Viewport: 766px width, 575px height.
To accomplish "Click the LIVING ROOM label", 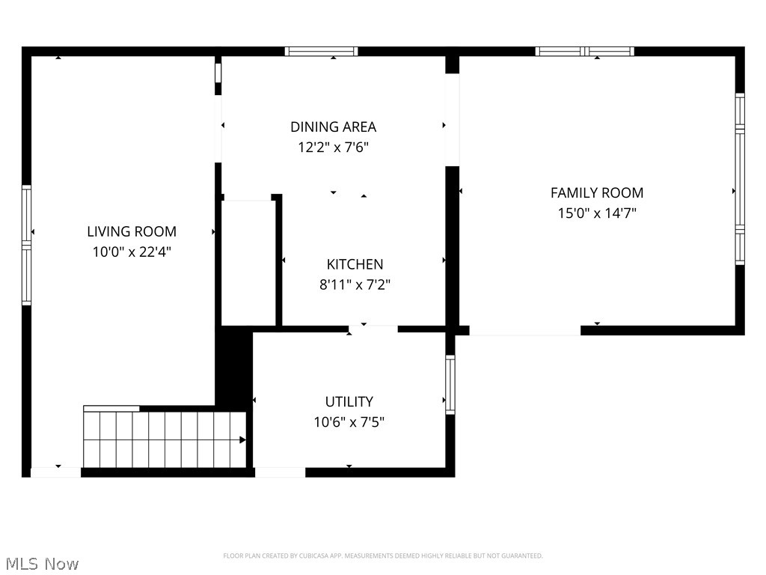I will tap(132, 231).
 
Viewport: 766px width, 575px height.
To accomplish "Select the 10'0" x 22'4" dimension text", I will tap(132, 252).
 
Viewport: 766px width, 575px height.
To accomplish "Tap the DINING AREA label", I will tap(333, 127).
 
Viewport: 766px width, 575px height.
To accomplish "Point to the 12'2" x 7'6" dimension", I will tap(333, 147).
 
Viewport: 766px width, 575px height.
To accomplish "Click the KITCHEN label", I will tap(355, 264).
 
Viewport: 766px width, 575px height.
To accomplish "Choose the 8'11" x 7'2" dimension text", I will tap(355, 285).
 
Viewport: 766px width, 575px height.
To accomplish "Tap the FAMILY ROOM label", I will tap(596, 192).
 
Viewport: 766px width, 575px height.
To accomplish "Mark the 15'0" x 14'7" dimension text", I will tap(596, 213).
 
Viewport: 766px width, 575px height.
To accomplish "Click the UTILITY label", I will tap(349, 401).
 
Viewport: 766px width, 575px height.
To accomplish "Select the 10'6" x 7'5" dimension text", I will tap(349, 422).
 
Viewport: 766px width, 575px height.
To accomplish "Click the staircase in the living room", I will tap(165, 439).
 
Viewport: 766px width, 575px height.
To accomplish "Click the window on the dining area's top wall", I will tap(321, 52).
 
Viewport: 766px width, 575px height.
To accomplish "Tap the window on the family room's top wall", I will tap(584, 52).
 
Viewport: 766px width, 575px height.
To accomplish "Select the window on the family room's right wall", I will tap(740, 179).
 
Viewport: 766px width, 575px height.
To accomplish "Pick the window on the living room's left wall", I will tap(26, 245).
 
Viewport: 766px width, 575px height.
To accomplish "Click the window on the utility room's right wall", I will tap(450, 385).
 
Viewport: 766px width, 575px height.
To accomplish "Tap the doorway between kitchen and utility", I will tap(373, 328).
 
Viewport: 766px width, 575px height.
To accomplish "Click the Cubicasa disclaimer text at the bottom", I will tap(382, 556).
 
